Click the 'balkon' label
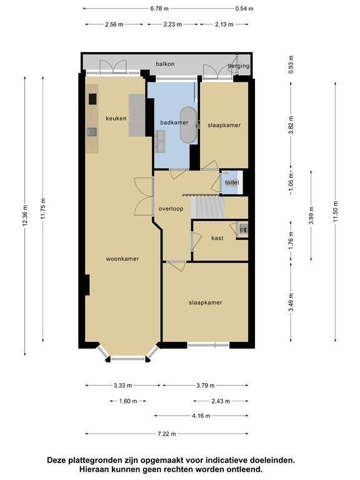(x=165, y=64)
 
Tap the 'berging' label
(x=239, y=66)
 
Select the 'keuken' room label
(x=116, y=119)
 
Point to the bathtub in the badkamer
(x=188, y=125)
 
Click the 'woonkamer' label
(x=122, y=259)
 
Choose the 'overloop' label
(x=171, y=209)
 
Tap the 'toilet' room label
(x=232, y=182)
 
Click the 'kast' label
(x=217, y=238)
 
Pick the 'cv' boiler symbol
(x=244, y=229)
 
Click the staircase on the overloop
(x=208, y=207)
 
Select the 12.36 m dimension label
(x=25, y=216)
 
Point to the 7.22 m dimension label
(x=167, y=434)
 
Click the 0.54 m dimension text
(x=244, y=9)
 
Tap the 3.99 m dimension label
(x=311, y=216)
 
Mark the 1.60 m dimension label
(x=128, y=401)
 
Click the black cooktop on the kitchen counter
(x=92, y=99)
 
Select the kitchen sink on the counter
(x=92, y=132)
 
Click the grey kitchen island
(x=136, y=115)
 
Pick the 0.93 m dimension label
(x=291, y=64)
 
